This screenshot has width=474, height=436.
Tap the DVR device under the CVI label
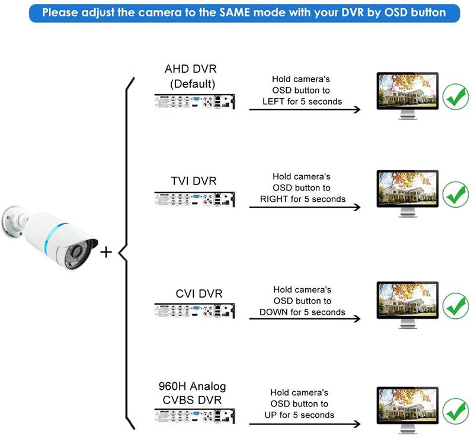[194, 311]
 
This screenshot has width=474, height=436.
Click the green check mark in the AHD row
[455, 97]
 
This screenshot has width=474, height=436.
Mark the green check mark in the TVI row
[455, 195]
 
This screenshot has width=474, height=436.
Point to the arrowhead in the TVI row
[357, 208]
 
